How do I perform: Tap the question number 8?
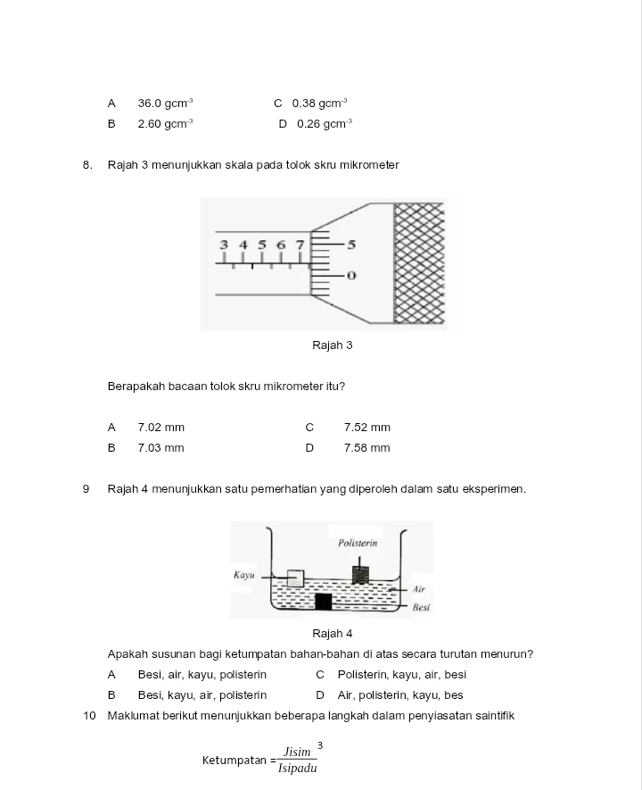click(87, 165)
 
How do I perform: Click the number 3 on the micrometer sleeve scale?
click(224, 245)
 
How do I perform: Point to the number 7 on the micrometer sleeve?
click(300, 245)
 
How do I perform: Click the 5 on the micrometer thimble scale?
click(351, 244)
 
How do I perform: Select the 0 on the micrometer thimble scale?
click(351, 276)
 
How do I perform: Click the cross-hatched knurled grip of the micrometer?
click(419, 263)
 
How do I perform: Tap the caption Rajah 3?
click(333, 345)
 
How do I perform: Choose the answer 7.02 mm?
click(160, 428)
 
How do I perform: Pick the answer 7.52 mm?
click(366, 428)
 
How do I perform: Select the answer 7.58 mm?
click(366, 448)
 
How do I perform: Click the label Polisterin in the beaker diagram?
click(358, 543)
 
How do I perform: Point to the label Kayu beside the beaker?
click(243, 574)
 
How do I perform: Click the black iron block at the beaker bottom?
click(323, 601)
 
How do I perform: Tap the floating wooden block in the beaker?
click(295, 578)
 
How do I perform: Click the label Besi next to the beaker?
click(422, 607)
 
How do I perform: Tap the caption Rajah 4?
click(333, 634)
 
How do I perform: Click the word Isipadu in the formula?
click(297, 769)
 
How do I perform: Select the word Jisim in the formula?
click(297, 753)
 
